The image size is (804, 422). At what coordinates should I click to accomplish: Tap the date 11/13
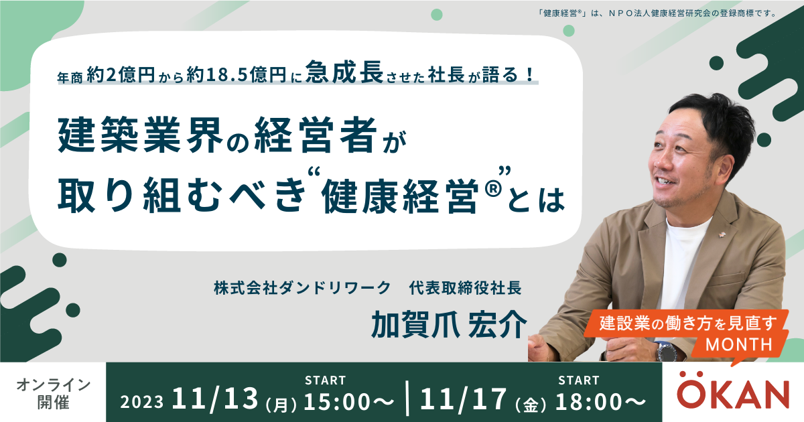coord(215,399)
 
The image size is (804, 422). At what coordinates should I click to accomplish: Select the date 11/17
coord(464,399)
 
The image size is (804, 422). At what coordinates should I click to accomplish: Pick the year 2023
coord(142,402)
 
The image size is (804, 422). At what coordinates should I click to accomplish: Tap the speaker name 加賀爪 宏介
coord(449,325)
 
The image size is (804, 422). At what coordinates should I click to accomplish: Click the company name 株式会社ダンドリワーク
coord(302,288)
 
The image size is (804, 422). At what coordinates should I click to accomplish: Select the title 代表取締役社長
coord(465,288)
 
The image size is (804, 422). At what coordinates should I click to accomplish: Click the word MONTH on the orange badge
coord(738,344)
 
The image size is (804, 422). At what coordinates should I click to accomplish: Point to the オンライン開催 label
coord(54,394)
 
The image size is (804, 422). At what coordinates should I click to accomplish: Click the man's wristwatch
coord(667,351)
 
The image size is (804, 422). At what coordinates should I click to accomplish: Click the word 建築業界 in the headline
coord(140,135)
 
